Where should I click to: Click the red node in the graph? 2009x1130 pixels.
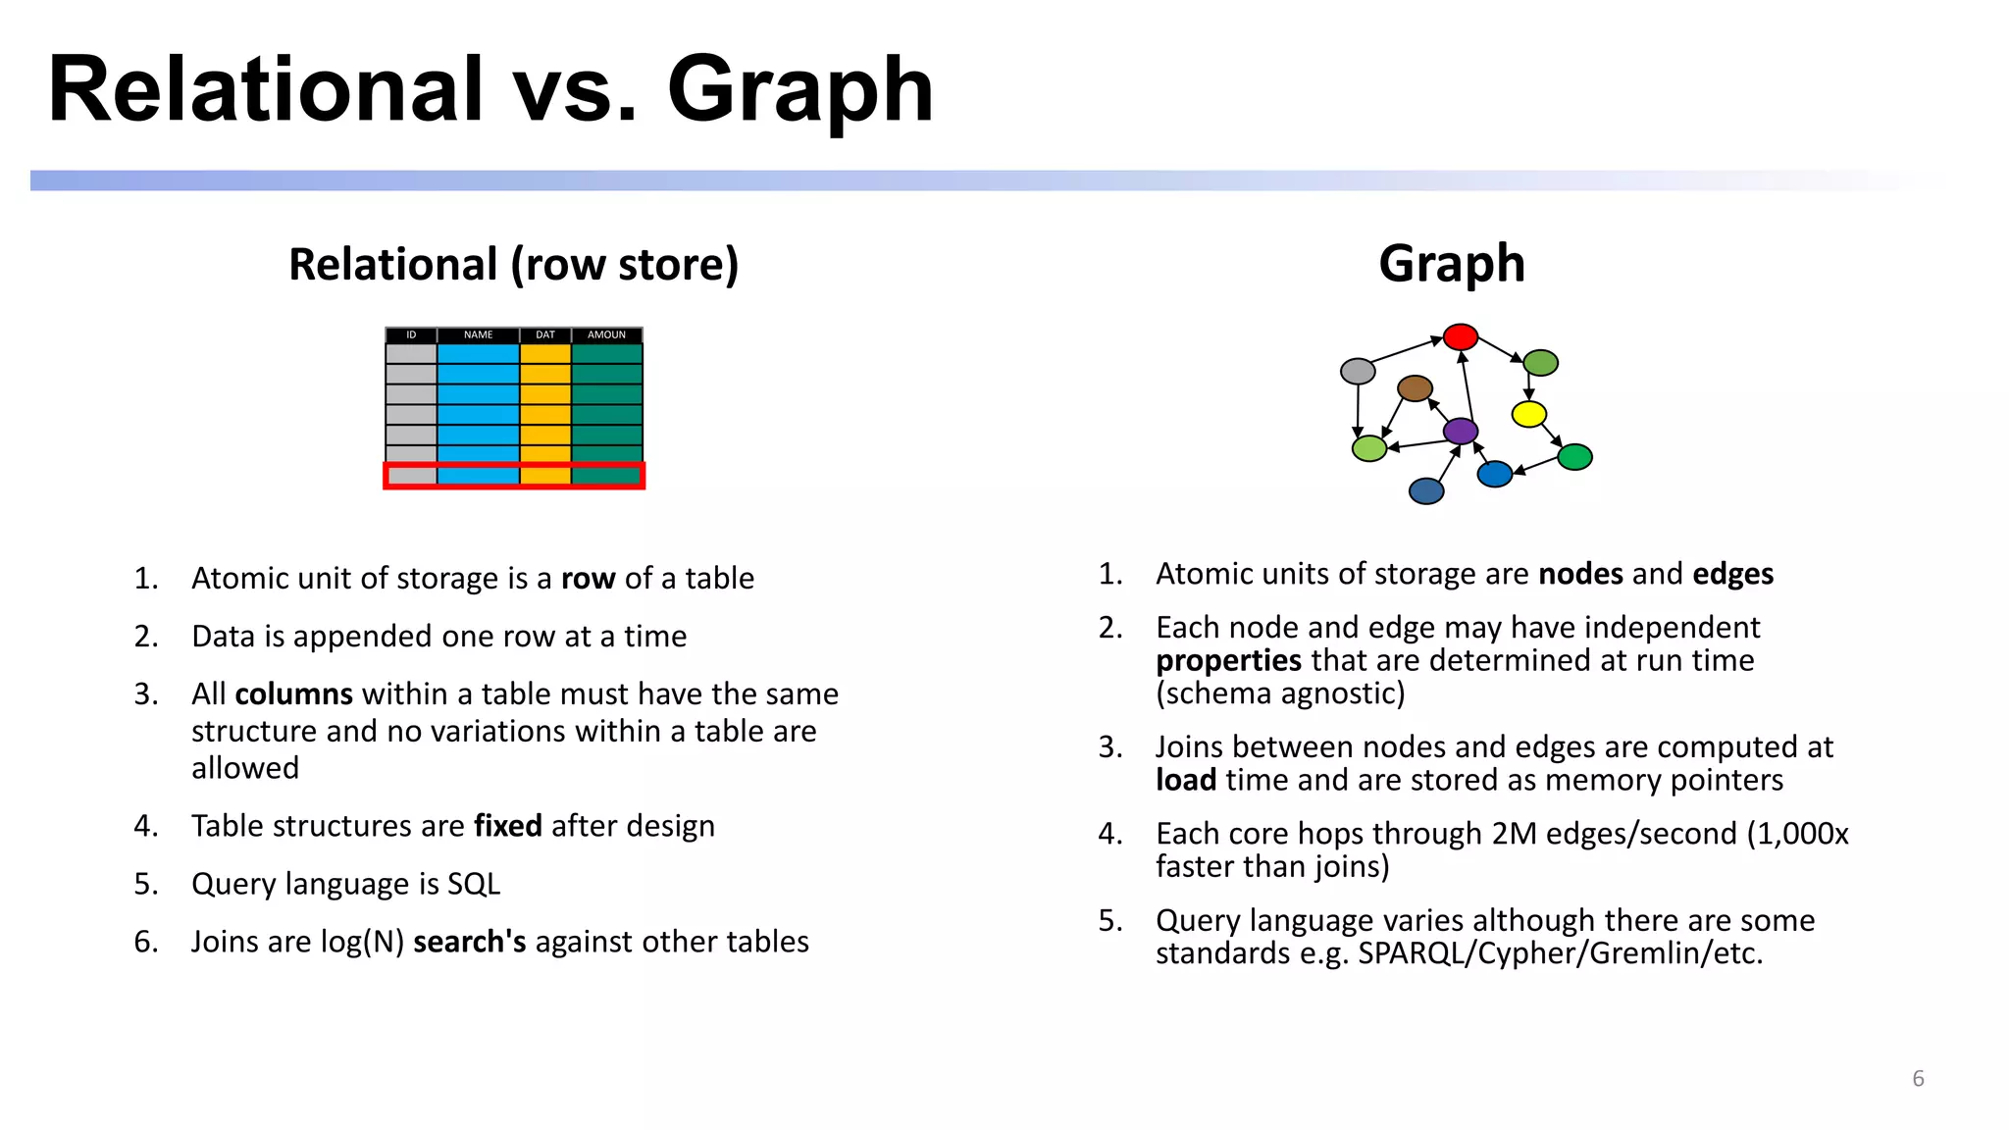point(1460,337)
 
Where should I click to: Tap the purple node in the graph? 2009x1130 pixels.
point(1461,431)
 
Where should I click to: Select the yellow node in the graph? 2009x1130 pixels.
point(1528,414)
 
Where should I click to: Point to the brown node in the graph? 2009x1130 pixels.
point(1415,388)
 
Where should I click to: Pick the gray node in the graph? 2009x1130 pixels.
point(1358,371)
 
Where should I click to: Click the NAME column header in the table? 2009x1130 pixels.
point(478,335)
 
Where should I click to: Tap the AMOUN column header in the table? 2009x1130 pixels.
point(606,335)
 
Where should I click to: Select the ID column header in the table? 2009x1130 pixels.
point(411,335)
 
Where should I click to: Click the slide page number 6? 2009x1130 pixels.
point(1918,1079)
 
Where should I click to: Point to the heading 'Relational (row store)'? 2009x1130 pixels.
point(513,265)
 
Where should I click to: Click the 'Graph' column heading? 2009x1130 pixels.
point(1451,264)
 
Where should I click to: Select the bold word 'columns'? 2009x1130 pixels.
point(293,694)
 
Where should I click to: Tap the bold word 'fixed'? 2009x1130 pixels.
point(507,826)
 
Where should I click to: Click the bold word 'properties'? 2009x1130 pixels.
point(1228,661)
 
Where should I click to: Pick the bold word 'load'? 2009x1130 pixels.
point(1185,781)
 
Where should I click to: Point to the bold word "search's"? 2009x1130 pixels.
point(469,942)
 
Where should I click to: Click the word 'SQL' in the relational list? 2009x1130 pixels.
point(474,884)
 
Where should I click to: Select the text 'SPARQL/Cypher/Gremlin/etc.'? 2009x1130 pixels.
point(1560,953)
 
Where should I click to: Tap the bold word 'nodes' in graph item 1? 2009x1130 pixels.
point(1579,574)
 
